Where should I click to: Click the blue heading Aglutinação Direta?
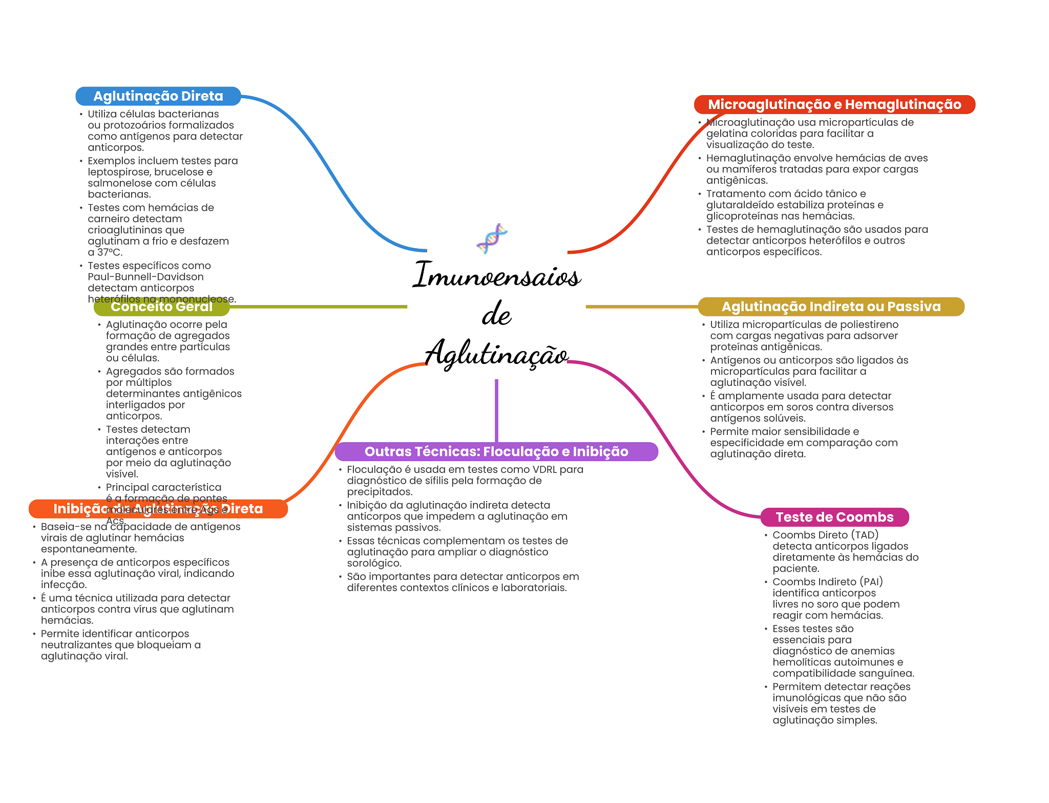tap(158, 96)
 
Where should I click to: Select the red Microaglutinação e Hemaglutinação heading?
tap(834, 104)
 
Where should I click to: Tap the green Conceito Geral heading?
tap(161, 307)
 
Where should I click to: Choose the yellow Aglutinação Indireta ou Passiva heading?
tap(831, 307)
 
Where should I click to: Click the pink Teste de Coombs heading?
tap(834, 517)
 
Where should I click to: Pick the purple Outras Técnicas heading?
tap(496, 451)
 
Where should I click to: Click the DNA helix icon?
tap(492, 238)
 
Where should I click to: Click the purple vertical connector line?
tap(496, 409)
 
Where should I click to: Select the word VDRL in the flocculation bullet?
tap(544, 469)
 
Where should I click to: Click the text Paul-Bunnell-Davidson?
tap(145, 277)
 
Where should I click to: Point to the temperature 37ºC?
tap(110, 252)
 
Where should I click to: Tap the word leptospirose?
tap(119, 172)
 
